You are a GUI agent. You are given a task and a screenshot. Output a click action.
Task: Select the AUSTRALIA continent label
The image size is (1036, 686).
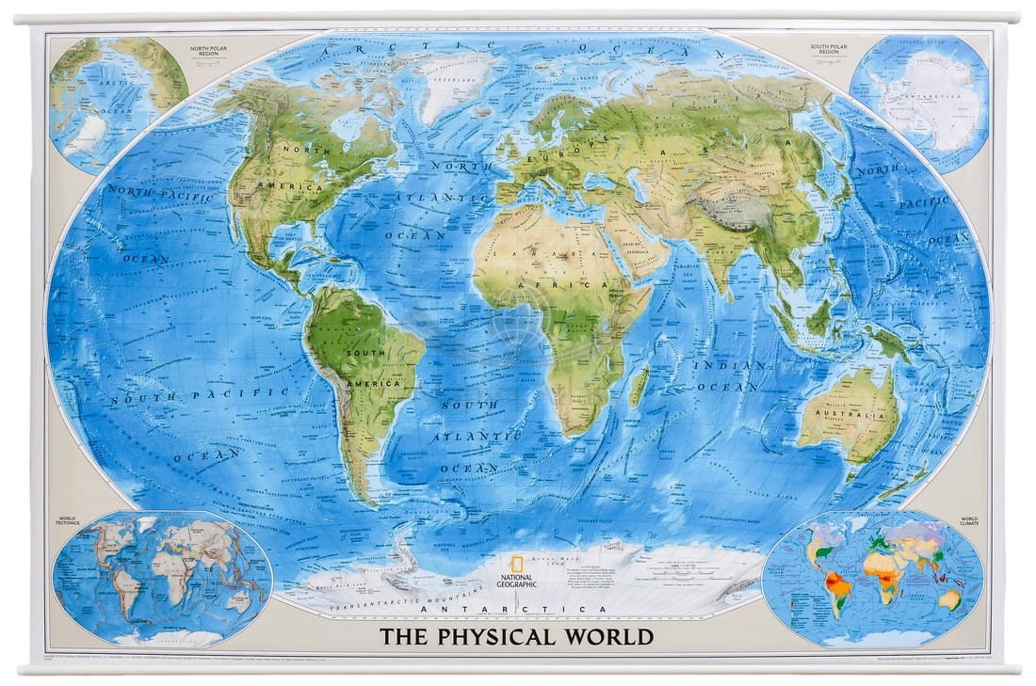click(x=845, y=414)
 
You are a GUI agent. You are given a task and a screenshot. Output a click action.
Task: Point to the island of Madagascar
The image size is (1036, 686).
click(x=639, y=386)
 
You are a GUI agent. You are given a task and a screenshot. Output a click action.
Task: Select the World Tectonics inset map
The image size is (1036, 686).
click(x=162, y=576)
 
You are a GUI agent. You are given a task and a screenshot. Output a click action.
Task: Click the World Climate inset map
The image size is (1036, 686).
click(x=873, y=576)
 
